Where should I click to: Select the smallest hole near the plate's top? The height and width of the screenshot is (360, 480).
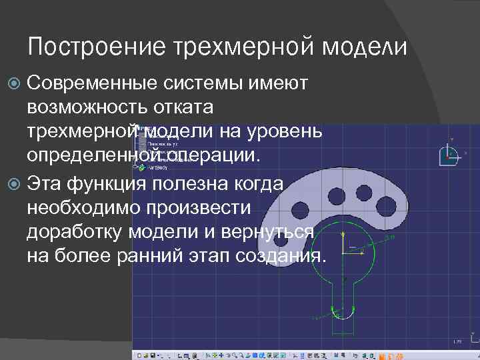363,193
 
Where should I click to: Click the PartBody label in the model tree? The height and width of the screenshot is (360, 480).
159,168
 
